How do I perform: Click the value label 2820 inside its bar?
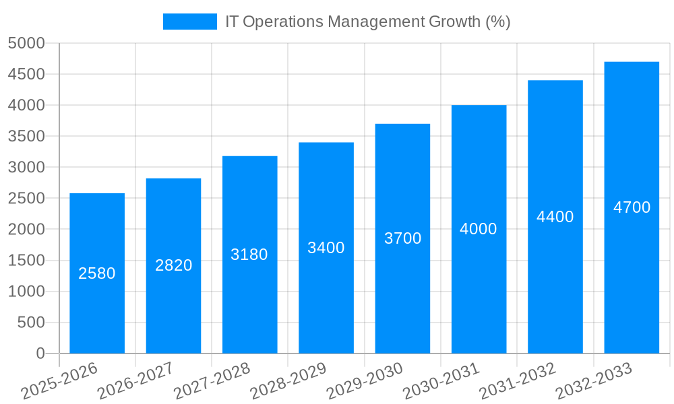point(173,265)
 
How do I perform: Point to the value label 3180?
point(249,255)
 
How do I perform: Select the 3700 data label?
point(402,238)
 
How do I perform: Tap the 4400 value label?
point(555,217)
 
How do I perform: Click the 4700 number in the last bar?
point(632,207)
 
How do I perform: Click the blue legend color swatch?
point(189,22)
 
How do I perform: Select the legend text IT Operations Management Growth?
point(367,22)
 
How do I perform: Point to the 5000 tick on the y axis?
point(26,44)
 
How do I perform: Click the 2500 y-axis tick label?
point(26,199)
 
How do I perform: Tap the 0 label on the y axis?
point(40,353)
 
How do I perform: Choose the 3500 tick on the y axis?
point(26,137)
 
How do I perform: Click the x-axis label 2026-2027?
point(136,380)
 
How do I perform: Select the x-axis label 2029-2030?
point(365,380)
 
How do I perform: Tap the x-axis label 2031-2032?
point(518,380)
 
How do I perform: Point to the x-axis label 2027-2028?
point(212,380)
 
